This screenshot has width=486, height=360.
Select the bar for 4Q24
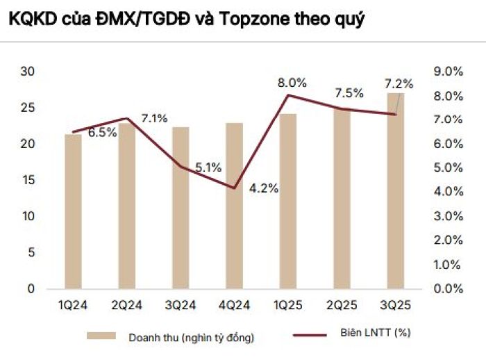[x=235, y=206]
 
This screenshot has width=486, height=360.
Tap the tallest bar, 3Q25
[x=396, y=190]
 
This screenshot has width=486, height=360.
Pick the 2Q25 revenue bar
[x=342, y=198]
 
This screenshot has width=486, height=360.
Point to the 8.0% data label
[x=291, y=83]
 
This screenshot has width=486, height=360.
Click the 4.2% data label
[x=264, y=188]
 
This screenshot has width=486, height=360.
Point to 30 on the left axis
[x=28, y=72]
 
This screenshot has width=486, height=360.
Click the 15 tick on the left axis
[x=28, y=180]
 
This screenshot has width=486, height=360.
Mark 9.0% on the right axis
[x=448, y=72]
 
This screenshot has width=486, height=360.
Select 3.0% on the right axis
[x=448, y=216]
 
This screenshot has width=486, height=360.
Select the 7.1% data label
[x=153, y=118]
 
